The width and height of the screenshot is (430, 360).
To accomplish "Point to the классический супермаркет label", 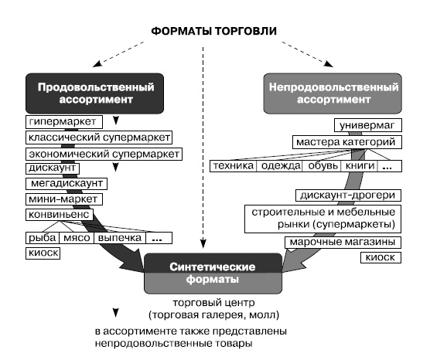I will (x=98, y=138).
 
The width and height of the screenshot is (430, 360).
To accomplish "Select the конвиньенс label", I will (x=60, y=213).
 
